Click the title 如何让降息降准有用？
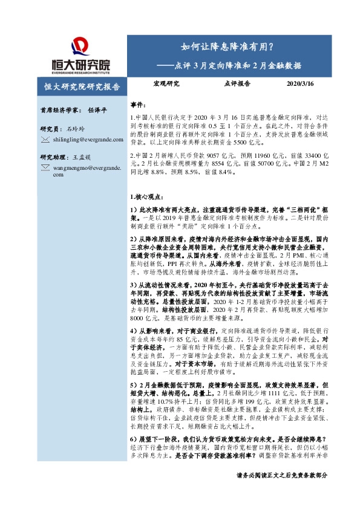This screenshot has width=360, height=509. click(x=227, y=47)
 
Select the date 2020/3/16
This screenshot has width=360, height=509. click(x=300, y=85)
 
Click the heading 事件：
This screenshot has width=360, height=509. click(x=138, y=105)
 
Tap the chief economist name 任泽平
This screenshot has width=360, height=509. click(x=97, y=111)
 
